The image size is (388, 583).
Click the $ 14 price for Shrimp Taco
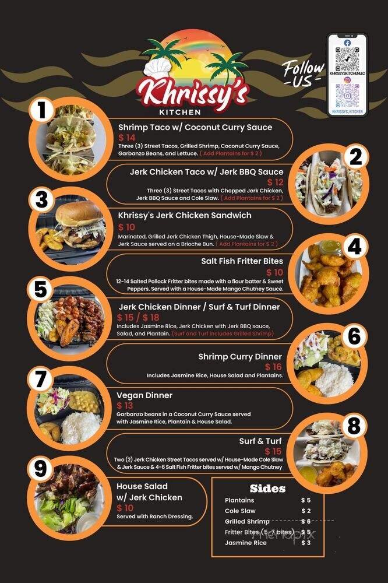[127, 137]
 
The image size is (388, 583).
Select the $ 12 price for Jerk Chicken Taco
[275, 182]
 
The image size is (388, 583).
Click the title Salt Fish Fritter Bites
[242, 261]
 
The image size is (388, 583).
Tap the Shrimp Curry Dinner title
[240, 356]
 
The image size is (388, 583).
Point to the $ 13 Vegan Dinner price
[125, 405]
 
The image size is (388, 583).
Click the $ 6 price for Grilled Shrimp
[306, 522]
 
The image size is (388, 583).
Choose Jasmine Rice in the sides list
[245, 543]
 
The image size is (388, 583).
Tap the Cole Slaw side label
[241, 511]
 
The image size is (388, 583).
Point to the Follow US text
[303, 73]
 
